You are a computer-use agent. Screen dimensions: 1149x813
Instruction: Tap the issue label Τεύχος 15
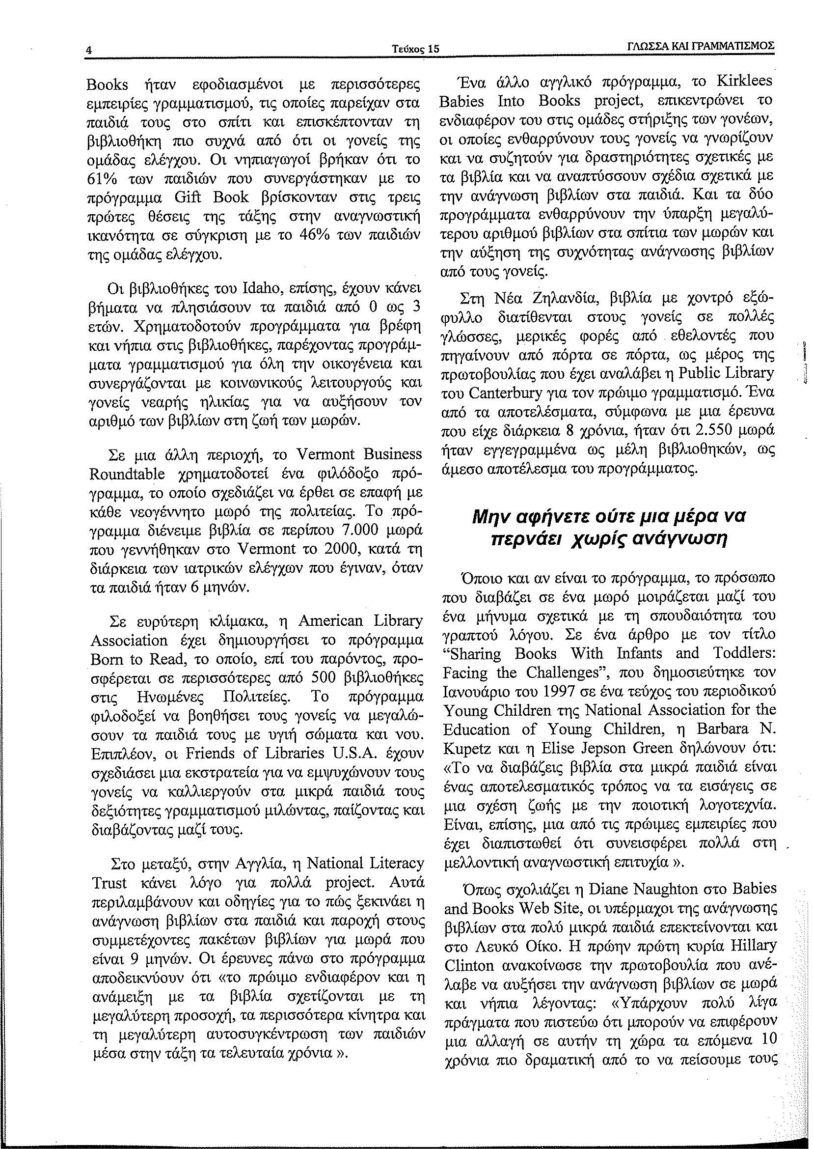tap(416, 49)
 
